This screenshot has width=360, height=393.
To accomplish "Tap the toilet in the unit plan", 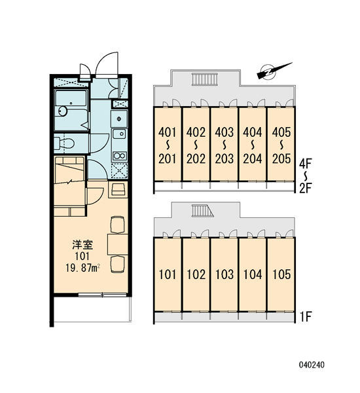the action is point(65,143).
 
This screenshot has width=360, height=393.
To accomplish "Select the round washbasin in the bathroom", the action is point(63,111).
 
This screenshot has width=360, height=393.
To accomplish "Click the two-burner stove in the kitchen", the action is point(120,156).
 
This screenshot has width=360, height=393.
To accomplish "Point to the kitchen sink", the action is point(120,134).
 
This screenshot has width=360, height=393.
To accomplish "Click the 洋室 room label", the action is point(82,245).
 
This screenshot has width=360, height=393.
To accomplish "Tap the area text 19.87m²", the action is point(83,268).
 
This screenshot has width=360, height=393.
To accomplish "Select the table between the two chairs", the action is point(118,244).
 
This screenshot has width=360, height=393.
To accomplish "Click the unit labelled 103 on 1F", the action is point(225,274).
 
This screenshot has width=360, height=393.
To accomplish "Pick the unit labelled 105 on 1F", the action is point(281,274).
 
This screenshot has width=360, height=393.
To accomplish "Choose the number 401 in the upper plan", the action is point(168,132).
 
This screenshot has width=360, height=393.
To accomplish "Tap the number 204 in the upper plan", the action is point(253,159).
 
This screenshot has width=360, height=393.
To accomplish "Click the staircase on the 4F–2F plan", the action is point(205,79).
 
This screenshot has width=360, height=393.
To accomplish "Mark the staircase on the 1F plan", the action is point(202,210).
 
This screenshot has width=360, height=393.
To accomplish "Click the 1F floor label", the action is point(306,317).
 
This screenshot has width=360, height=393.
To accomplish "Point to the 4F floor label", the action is point(306,164).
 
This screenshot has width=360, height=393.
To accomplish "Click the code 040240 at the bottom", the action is point(312,365).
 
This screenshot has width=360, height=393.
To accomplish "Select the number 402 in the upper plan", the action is point(196,132).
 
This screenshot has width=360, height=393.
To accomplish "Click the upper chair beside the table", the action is point(118,225).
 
